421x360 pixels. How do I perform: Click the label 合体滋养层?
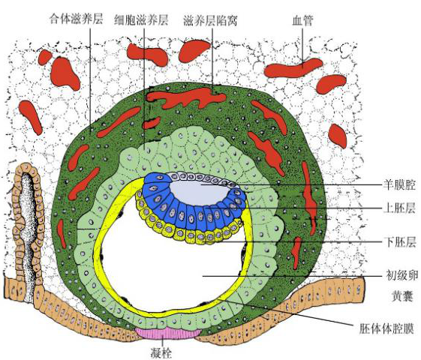coord(77,19)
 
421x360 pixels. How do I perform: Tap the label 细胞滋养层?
coord(141,20)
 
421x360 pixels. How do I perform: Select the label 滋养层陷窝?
coord(210,20)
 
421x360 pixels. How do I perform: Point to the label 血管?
coord(302,20)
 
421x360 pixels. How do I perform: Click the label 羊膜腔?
coord(399,185)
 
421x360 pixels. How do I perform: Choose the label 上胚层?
coord(399,208)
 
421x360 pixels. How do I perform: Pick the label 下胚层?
coord(399,242)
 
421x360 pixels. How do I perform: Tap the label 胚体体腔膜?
coord(386,328)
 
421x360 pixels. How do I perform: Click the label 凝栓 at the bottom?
coord(161,352)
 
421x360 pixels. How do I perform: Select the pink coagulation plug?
coord(168,334)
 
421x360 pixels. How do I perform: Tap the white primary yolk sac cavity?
coord(172,268)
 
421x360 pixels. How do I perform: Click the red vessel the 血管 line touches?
coord(293,68)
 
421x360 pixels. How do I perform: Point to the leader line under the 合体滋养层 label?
coord(90,79)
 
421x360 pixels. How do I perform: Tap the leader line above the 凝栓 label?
coord(163,342)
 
